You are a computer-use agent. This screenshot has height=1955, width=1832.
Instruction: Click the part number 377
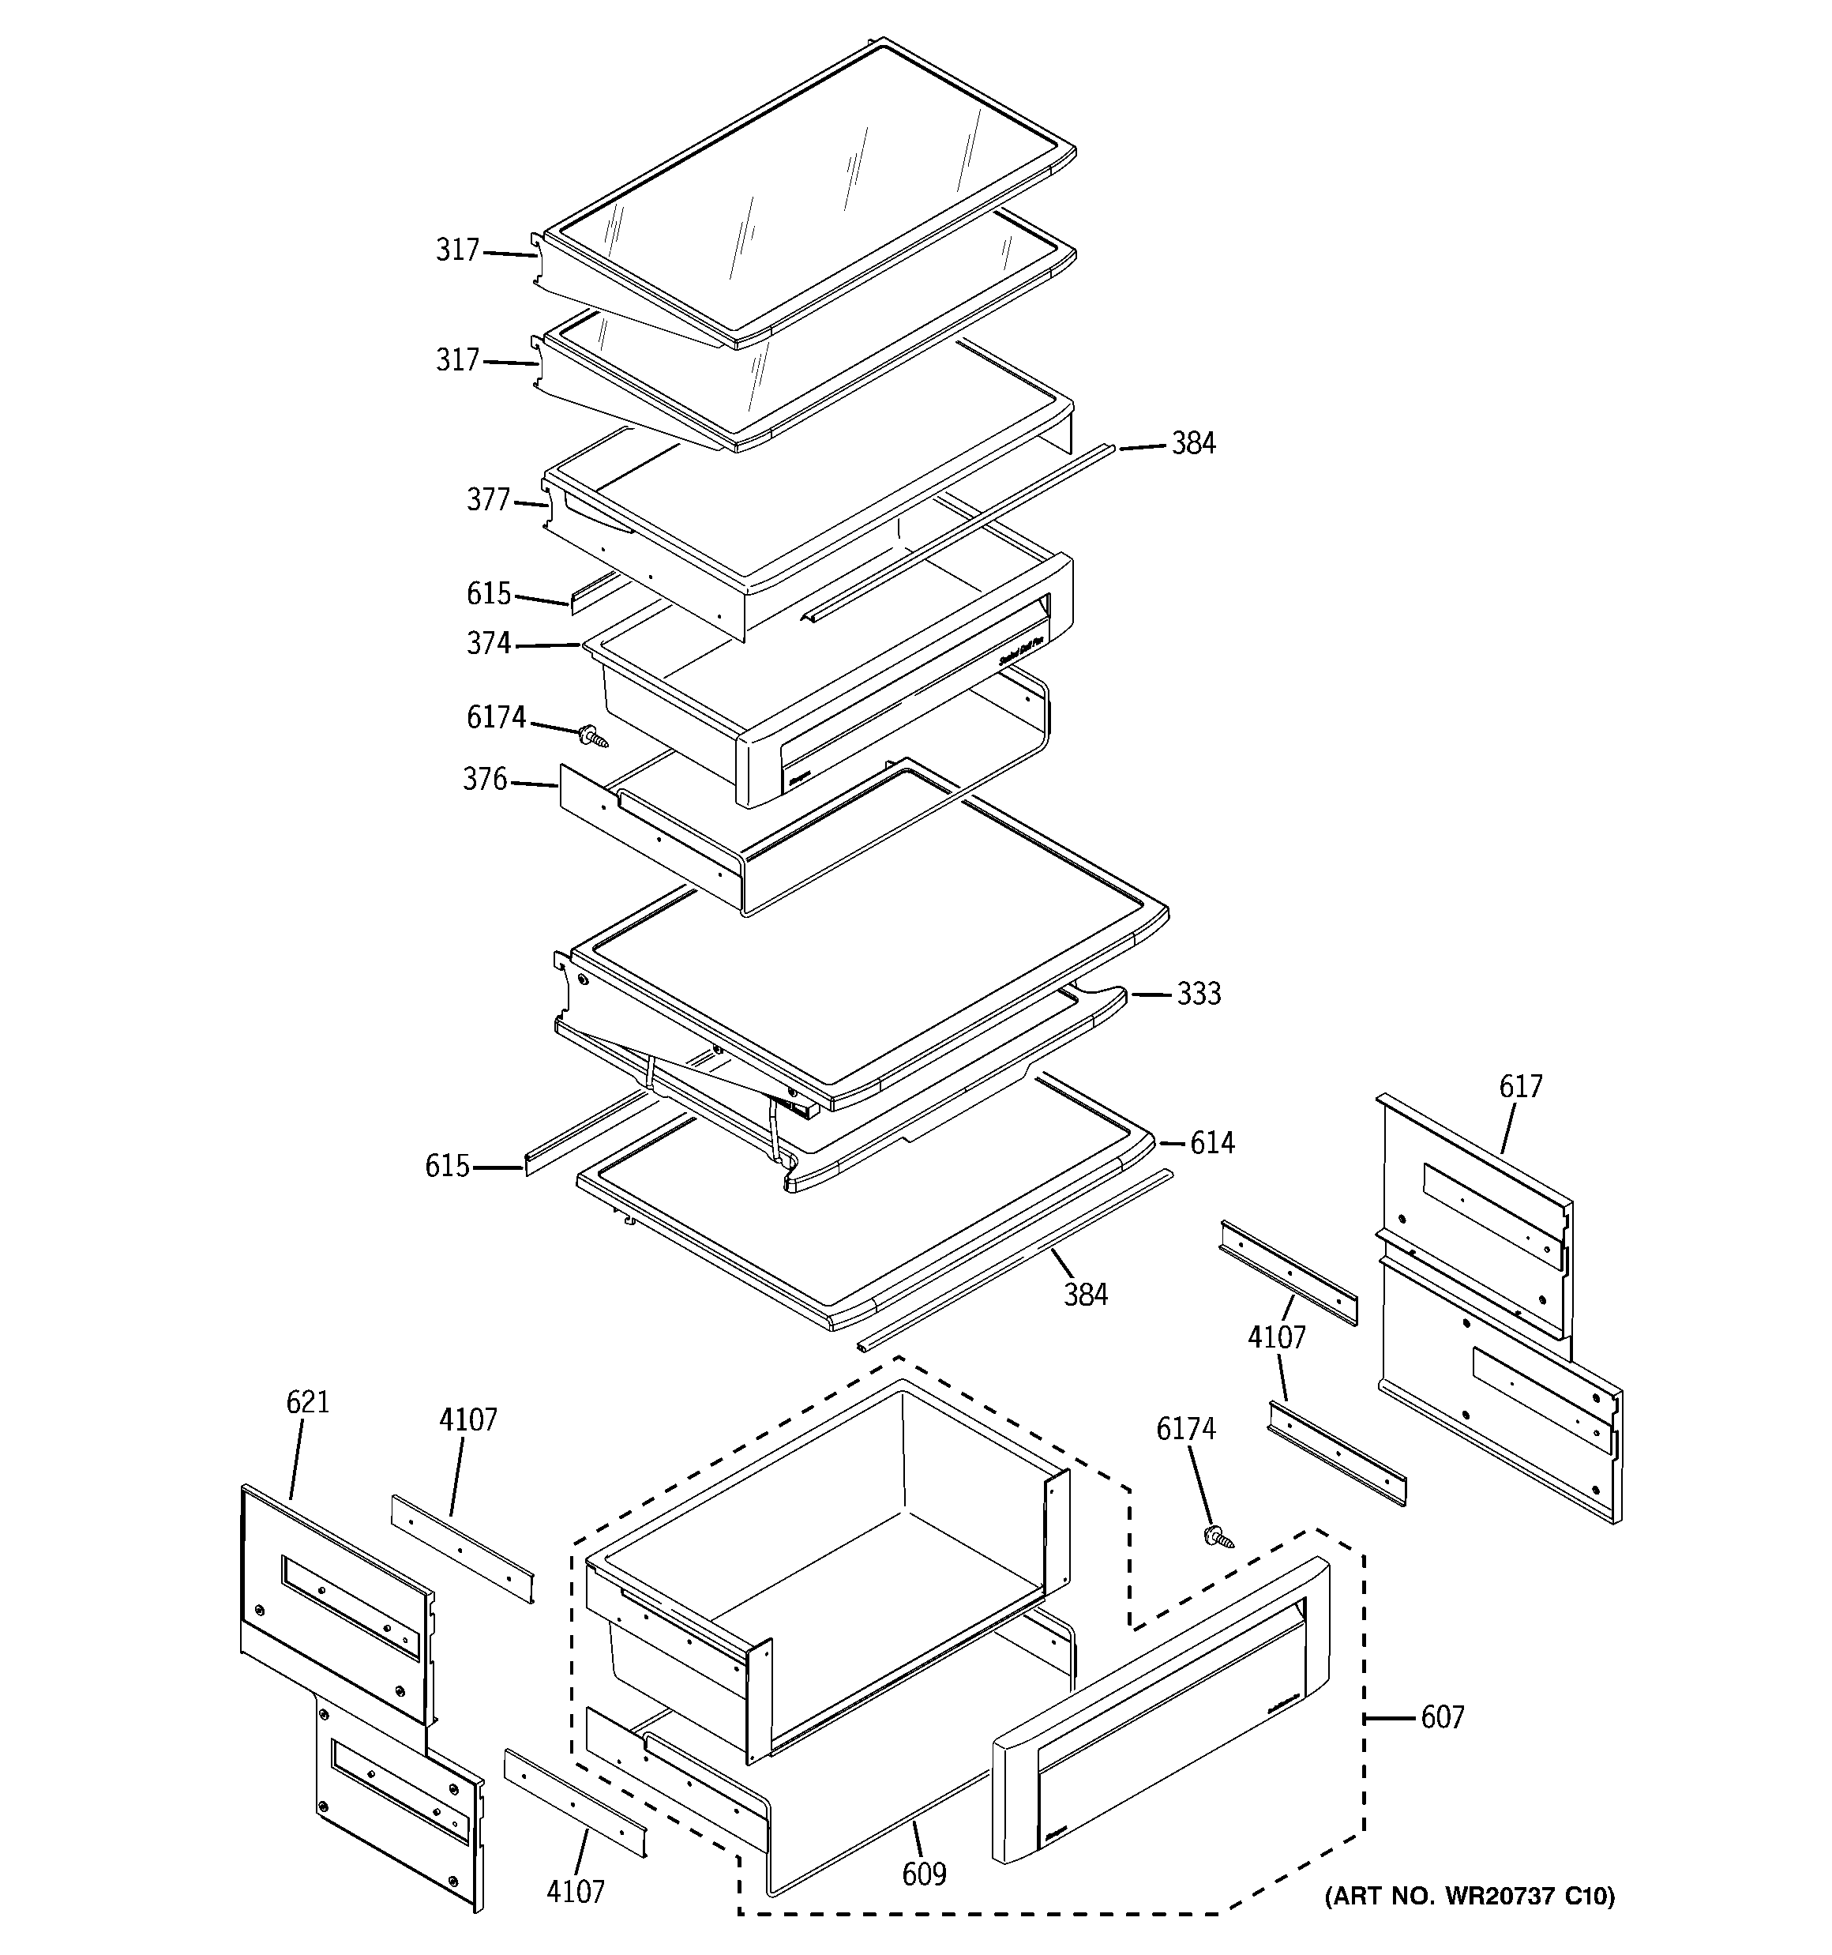pos(488,501)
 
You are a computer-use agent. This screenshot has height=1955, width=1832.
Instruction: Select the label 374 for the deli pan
pos(488,644)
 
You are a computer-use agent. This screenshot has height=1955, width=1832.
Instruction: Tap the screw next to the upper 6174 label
pos(593,735)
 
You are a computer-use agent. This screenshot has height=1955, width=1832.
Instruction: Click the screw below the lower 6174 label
pos(1219,1538)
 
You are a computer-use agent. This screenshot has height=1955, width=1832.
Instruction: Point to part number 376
pos(485,780)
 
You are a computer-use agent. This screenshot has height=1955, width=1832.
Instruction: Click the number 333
pos(1199,994)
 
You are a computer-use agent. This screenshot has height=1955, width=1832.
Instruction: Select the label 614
pos(1211,1143)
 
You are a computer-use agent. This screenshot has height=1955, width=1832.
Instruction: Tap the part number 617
pos(1520,1087)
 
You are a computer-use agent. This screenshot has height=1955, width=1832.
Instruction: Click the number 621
pos(308,1402)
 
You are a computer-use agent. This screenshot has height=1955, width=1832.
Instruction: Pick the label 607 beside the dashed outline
pos(1442,1718)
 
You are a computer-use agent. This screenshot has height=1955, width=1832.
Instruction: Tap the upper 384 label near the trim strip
pos(1193,445)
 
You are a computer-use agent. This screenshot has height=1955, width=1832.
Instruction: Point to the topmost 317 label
pos(457,250)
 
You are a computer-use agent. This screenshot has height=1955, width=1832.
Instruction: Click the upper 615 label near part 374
pos(488,594)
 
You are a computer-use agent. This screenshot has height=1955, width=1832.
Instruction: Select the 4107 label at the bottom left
pos(576,1891)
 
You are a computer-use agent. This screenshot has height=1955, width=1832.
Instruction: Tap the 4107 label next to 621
pos(468,1420)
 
